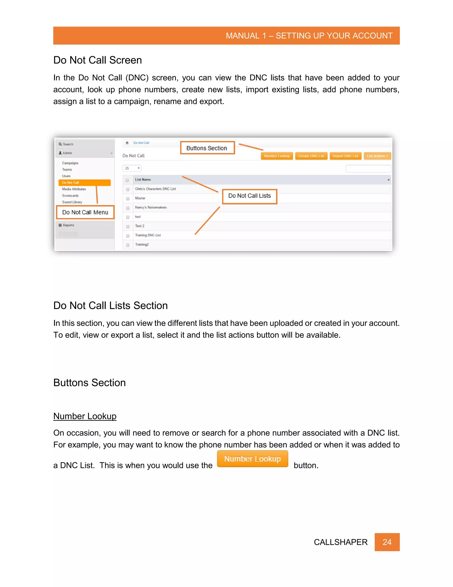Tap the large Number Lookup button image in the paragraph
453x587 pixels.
coord(252,459)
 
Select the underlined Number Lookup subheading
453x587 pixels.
coord(85,416)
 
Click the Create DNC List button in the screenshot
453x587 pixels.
coord(311,156)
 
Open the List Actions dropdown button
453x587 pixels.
coord(377,156)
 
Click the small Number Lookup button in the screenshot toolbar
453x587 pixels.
coord(277,156)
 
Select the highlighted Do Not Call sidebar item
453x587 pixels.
coord(84,183)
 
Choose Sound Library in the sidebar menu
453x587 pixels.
coord(72,202)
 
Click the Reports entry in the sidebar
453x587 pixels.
coord(68,225)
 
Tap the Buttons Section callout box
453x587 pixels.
coord(207,148)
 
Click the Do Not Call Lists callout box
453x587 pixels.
coord(249,196)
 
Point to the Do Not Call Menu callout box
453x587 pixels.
coord(85,212)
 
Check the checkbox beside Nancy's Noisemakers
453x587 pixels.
coord(128,208)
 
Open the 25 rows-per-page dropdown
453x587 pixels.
coord(132,168)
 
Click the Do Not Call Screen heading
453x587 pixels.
coord(97,60)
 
